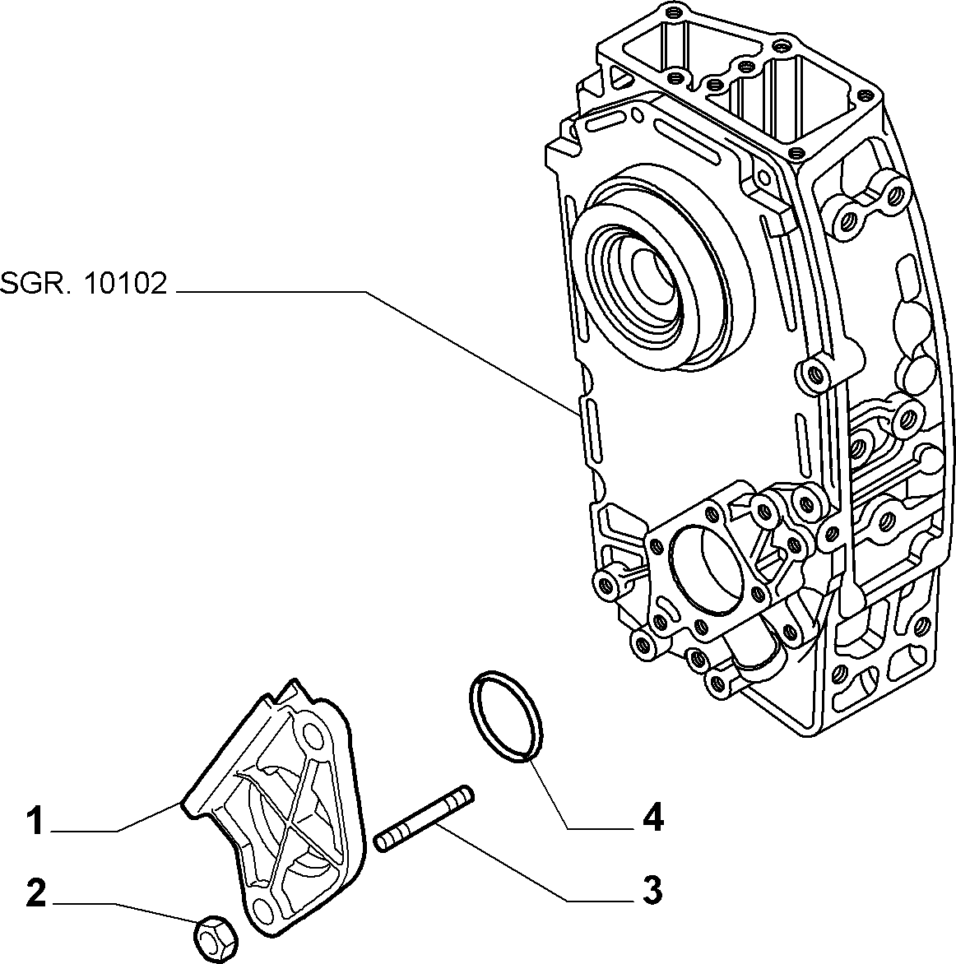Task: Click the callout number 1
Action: pyautogui.click(x=36, y=822)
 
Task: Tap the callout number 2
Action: pyautogui.click(x=36, y=892)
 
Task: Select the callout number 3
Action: pyautogui.click(x=651, y=890)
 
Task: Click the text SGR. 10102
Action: pyautogui.click(x=84, y=284)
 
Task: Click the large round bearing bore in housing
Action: pyautogui.click(x=652, y=274)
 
